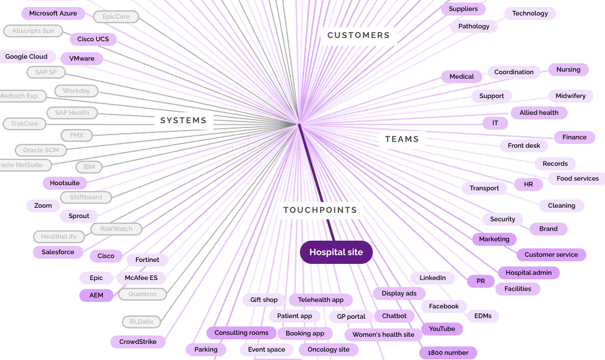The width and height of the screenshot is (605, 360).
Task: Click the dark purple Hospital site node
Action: tap(336, 252)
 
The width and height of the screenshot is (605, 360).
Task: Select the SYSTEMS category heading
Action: tap(183, 120)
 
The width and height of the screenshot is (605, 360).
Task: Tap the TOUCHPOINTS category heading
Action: tap(320, 210)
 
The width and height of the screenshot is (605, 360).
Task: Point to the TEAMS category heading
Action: tap(402, 139)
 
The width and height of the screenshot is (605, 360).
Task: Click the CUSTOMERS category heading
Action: tap(358, 35)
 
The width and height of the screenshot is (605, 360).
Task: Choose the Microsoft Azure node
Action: tap(53, 13)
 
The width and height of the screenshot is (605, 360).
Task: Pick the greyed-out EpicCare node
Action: tap(116, 16)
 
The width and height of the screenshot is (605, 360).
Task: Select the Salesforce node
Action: tap(58, 252)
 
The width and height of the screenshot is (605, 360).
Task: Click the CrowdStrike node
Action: tap(138, 342)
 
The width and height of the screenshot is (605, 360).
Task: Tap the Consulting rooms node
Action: tap(241, 333)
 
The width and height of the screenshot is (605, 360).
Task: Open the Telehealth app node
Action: tap(321, 300)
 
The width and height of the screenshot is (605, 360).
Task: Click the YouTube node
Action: tap(442, 329)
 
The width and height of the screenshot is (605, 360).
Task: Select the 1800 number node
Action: tap(448, 353)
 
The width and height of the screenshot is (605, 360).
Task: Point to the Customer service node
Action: tap(551, 255)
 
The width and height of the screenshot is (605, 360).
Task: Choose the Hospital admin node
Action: tap(529, 273)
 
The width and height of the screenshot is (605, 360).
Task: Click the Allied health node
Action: tap(539, 113)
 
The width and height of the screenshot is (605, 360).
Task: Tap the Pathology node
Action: tap(474, 26)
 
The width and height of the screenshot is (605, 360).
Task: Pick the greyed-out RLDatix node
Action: tap(141, 322)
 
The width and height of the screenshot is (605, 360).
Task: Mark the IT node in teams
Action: tap(495, 123)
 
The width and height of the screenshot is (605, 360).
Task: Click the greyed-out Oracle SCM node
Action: tap(41, 150)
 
